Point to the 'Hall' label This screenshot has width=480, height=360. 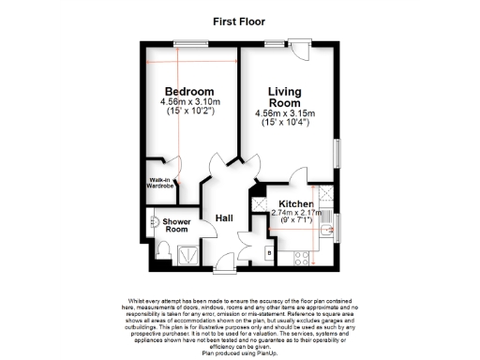tap(224, 218)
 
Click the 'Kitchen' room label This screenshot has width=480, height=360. tap(294, 203)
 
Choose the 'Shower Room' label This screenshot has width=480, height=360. tap(177, 225)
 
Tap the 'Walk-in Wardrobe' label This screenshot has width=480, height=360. tap(159, 182)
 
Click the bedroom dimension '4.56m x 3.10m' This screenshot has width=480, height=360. tap(190, 101)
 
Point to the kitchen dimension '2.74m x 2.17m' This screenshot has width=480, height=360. tap(296, 213)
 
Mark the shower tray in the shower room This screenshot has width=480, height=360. tap(187, 251)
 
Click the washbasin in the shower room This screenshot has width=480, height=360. tap(154, 222)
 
